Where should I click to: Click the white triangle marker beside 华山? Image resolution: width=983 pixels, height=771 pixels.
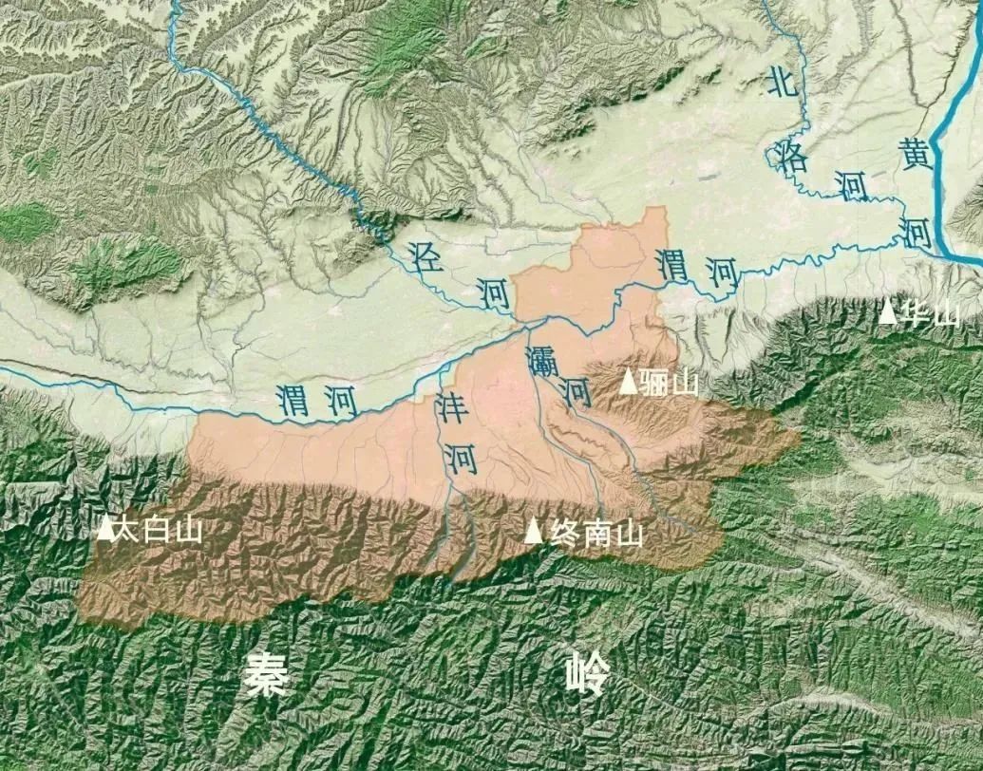888,310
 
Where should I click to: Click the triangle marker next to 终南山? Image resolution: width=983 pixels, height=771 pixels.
535,532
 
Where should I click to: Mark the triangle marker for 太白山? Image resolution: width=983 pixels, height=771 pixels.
105,528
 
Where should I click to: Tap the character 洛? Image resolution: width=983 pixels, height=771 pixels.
791,156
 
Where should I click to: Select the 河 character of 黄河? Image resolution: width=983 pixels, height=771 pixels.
917,232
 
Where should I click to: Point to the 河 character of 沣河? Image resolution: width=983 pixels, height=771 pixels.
462,460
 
